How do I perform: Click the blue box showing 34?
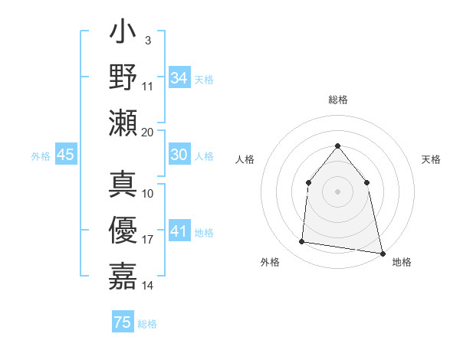point(179,78)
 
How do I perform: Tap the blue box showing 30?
point(179,155)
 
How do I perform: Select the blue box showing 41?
point(179,231)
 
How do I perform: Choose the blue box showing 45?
point(65,155)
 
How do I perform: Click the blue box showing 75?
point(123,322)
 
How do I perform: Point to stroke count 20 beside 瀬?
point(148,132)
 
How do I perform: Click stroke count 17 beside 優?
point(148,240)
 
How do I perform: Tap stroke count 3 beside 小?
point(147,40)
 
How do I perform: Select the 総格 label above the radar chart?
point(337,100)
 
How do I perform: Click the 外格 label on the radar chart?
point(270,263)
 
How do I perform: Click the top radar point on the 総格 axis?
point(337,146)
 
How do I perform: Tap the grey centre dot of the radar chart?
point(337,191)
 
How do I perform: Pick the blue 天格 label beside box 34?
point(204,80)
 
